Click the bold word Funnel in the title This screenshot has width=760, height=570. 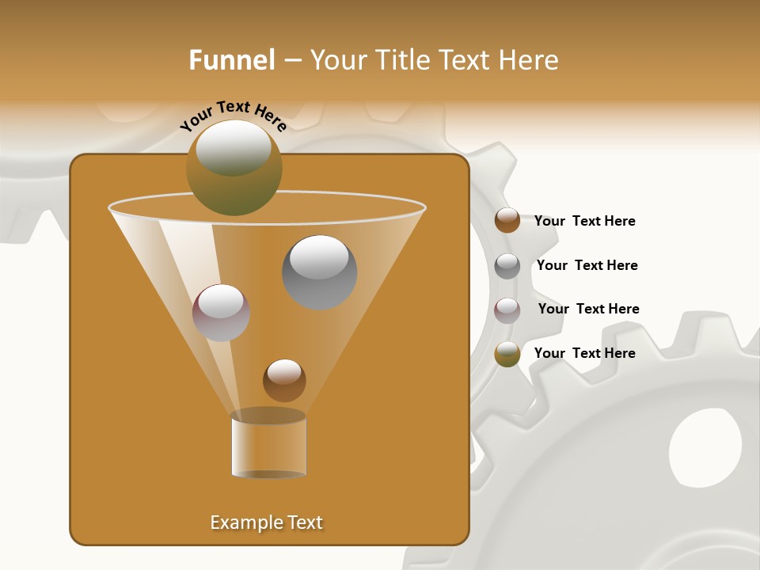(231, 60)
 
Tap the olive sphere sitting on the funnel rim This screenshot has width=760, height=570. (234, 168)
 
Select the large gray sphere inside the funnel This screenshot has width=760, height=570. (319, 273)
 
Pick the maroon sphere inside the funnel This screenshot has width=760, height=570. (221, 313)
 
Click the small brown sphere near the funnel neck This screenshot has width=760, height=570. (284, 380)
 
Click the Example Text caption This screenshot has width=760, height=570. (267, 522)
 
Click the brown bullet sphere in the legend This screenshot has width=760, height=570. (507, 221)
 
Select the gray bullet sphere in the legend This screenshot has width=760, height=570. (507, 266)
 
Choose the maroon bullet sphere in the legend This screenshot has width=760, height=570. (507, 310)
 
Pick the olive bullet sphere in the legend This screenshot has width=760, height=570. (507, 354)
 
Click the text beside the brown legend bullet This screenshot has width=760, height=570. (584, 221)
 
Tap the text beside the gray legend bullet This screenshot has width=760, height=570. (587, 265)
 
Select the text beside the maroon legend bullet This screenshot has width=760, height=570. (588, 309)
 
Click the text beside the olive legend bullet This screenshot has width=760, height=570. (584, 353)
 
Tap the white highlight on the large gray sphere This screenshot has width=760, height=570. (319, 256)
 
